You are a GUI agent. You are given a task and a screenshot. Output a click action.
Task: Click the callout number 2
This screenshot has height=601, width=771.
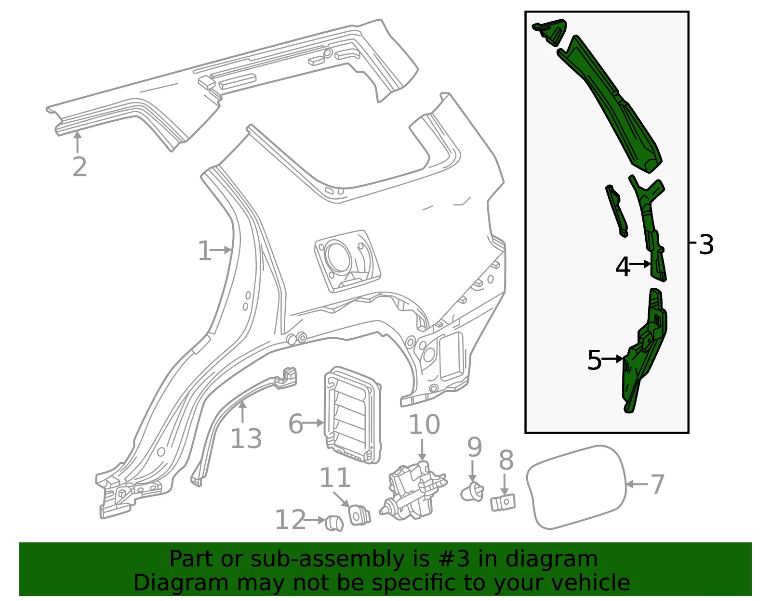pyautogui.click(x=80, y=167)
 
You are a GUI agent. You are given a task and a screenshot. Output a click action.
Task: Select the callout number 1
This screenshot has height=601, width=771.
pyautogui.click(x=204, y=251)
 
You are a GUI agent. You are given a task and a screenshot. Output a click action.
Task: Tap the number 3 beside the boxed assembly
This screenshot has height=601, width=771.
pyautogui.click(x=706, y=244)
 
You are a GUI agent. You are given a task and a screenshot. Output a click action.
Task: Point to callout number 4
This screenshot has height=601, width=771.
pyautogui.click(x=623, y=267)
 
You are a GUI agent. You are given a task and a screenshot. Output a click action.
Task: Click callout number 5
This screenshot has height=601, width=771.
pyautogui.click(x=595, y=360)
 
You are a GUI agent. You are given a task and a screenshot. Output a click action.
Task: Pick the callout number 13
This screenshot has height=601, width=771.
pyautogui.click(x=246, y=439)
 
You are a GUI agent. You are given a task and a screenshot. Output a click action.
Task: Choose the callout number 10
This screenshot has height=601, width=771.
pyautogui.click(x=425, y=424)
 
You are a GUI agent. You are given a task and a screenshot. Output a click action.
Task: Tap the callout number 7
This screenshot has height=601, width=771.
pyautogui.click(x=657, y=485)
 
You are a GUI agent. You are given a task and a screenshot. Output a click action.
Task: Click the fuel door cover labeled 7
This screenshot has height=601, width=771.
pyautogui.click(x=577, y=487)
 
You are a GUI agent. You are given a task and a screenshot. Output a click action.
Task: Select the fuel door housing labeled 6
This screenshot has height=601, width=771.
pyautogui.click(x=353, y=415)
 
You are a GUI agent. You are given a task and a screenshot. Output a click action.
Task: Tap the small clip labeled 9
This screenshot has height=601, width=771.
pyautogui.click(x=472, y=492)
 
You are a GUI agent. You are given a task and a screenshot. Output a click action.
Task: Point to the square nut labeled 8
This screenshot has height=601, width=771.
pyautogui.click(x=503, y=502)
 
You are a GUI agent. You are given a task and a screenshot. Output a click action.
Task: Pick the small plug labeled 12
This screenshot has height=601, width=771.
pyautogui.click(x=334, y=523)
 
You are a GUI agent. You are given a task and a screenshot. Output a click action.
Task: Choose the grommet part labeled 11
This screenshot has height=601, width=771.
pyautogui.click(x=360, y=515)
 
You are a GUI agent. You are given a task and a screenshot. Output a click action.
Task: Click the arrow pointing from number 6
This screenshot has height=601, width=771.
pyautogui.click(x=314, y=423)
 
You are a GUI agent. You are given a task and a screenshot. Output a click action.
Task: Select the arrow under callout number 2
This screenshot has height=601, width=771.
pyautogui.click(x=78, y=141)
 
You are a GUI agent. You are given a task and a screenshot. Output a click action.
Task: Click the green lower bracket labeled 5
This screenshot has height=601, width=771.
pyautogui.click(x=644, y=351)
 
